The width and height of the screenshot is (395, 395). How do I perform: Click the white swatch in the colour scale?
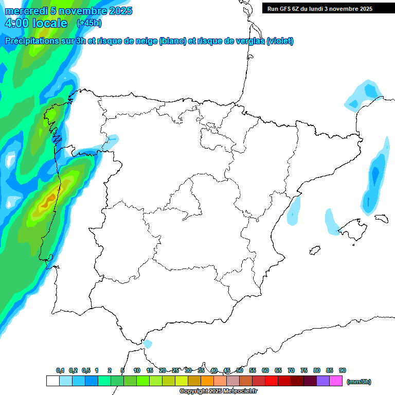tap(52, 381)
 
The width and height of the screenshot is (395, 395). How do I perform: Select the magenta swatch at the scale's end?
tap(336, 381)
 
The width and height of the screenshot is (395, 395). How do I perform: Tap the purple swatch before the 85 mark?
tap(323, 381)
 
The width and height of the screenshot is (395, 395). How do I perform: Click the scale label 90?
tap(343, 370)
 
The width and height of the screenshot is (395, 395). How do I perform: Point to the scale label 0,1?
tap(60, 370)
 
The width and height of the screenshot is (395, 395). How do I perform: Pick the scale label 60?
tap(265, 370)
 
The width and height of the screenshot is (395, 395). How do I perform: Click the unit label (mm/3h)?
tap(359, 382)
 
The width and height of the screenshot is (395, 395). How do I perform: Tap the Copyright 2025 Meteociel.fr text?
tap(218, 391)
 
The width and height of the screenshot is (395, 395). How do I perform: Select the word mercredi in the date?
tap(26, 11)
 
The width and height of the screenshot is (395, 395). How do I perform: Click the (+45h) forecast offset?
tap(89, 23)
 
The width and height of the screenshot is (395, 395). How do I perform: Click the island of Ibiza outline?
tap(315, 250)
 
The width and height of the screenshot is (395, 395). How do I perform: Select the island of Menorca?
tap(381, 218)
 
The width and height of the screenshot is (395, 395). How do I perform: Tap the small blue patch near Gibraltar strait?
tap(148, 344)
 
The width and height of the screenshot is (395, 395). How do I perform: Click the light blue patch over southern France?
tap(364, 95)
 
